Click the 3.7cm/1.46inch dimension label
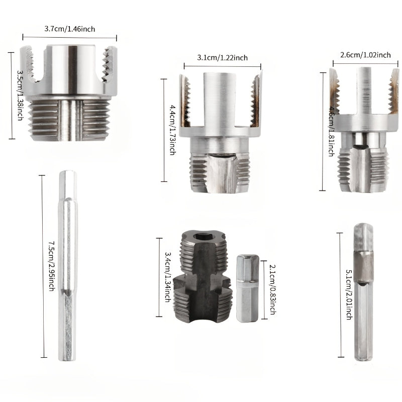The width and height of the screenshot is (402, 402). (x=70, y=29)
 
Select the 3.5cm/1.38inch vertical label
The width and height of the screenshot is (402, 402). (x=20, y=95)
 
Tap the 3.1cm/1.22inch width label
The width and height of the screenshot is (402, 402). (x=222, y=57)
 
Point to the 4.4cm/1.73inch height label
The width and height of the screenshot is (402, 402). (x=172, y=130)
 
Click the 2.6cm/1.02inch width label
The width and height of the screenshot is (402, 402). (x=365, y=55)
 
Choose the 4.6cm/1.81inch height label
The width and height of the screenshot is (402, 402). (x=332, y=132)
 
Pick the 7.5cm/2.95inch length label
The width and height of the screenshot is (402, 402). (x=52, y=266)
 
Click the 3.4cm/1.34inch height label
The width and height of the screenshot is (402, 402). (x=167, y=277)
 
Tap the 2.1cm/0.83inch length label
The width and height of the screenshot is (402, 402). (x=272, y=290)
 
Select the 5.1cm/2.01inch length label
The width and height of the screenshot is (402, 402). (x=349, y=294)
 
